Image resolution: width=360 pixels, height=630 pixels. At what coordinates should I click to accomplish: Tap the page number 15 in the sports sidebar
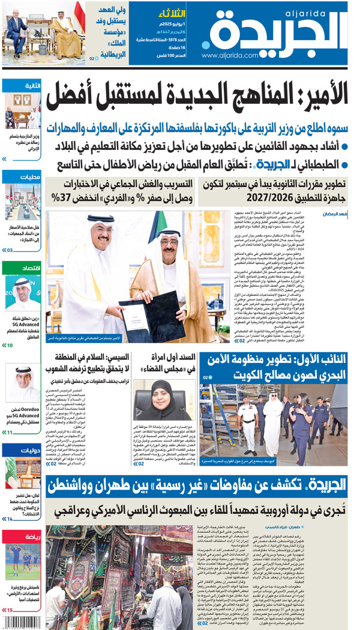9,610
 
